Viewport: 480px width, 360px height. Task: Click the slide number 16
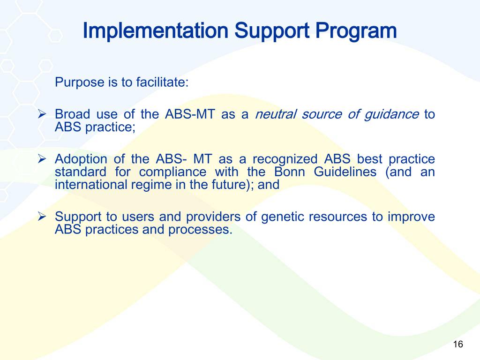tap(458, 345)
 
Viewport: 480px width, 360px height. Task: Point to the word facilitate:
tap(162, 83)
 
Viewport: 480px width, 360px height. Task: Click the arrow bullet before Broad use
tap(41, 114)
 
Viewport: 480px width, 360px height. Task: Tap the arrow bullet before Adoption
tap(41, 159)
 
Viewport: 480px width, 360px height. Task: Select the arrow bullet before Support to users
tap(41, 217)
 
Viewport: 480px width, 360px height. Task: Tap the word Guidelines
tap(345, 172)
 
